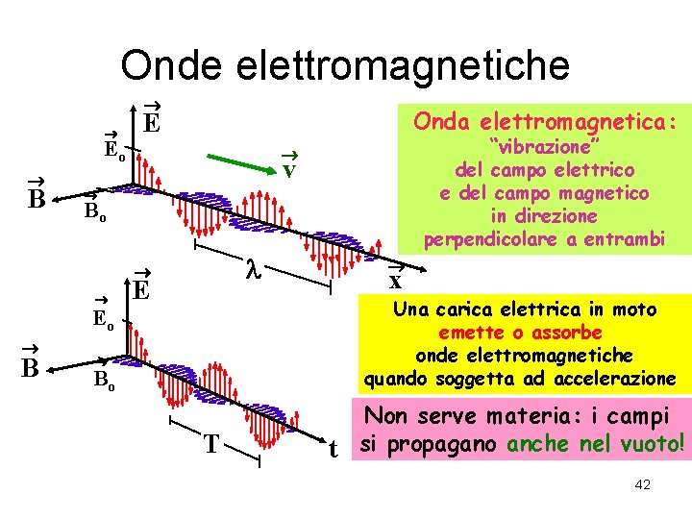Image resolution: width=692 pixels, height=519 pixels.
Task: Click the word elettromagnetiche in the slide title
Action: (x=402, y=65)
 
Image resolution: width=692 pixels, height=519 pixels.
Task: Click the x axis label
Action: (x=395, y=282)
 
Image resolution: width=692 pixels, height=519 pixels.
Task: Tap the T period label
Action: (x=210, y=444)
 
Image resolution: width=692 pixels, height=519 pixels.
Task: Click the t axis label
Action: (x=333, y=449)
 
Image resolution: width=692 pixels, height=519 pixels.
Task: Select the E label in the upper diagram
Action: (x=151, y=122)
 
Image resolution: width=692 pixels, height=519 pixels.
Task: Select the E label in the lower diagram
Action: (x=140, y=289)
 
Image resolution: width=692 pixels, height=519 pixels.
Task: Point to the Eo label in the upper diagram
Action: (x=113, y=150)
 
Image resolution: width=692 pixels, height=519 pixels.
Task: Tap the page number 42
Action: (x=643, y=484)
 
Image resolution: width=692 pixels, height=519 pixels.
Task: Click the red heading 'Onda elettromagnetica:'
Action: (x=544, y=122)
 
